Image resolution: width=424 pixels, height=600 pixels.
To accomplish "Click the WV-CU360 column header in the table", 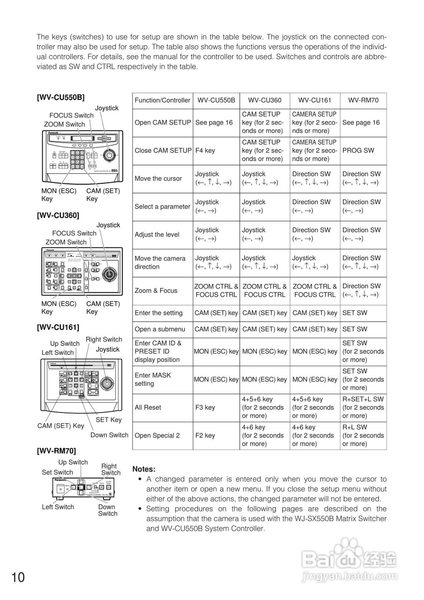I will coord(265,100).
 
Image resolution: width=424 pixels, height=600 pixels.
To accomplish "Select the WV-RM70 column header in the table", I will coord(363,100).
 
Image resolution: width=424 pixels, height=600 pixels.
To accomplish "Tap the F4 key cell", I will coord(205,150).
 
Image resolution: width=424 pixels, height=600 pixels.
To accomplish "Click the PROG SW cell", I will coord(358,150).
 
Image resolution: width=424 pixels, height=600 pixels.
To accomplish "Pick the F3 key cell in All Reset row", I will coord(205,407).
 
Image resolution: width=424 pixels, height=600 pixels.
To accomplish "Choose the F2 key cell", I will coord(205,435).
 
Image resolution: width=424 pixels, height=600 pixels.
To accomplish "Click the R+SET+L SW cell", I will coord(363,399).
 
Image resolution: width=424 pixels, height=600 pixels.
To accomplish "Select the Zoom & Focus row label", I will coord(156,291).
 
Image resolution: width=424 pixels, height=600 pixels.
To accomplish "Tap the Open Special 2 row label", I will coord(157,435).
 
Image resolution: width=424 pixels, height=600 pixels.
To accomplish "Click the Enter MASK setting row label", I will coord(153,379).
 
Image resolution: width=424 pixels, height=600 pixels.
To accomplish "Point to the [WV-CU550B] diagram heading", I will coord(61,97).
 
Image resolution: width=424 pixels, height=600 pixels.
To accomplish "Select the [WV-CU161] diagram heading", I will coord(58,327).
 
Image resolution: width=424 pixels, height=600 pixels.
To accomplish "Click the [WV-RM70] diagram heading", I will coord(56,451).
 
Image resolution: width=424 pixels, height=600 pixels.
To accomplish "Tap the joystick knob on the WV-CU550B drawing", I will coord(110,154).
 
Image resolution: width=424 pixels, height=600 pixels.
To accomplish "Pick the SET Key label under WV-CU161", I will coord(108,420).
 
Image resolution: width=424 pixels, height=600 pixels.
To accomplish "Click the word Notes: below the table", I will coord(144,469).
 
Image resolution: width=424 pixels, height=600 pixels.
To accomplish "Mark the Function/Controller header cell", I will coord(163,100).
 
